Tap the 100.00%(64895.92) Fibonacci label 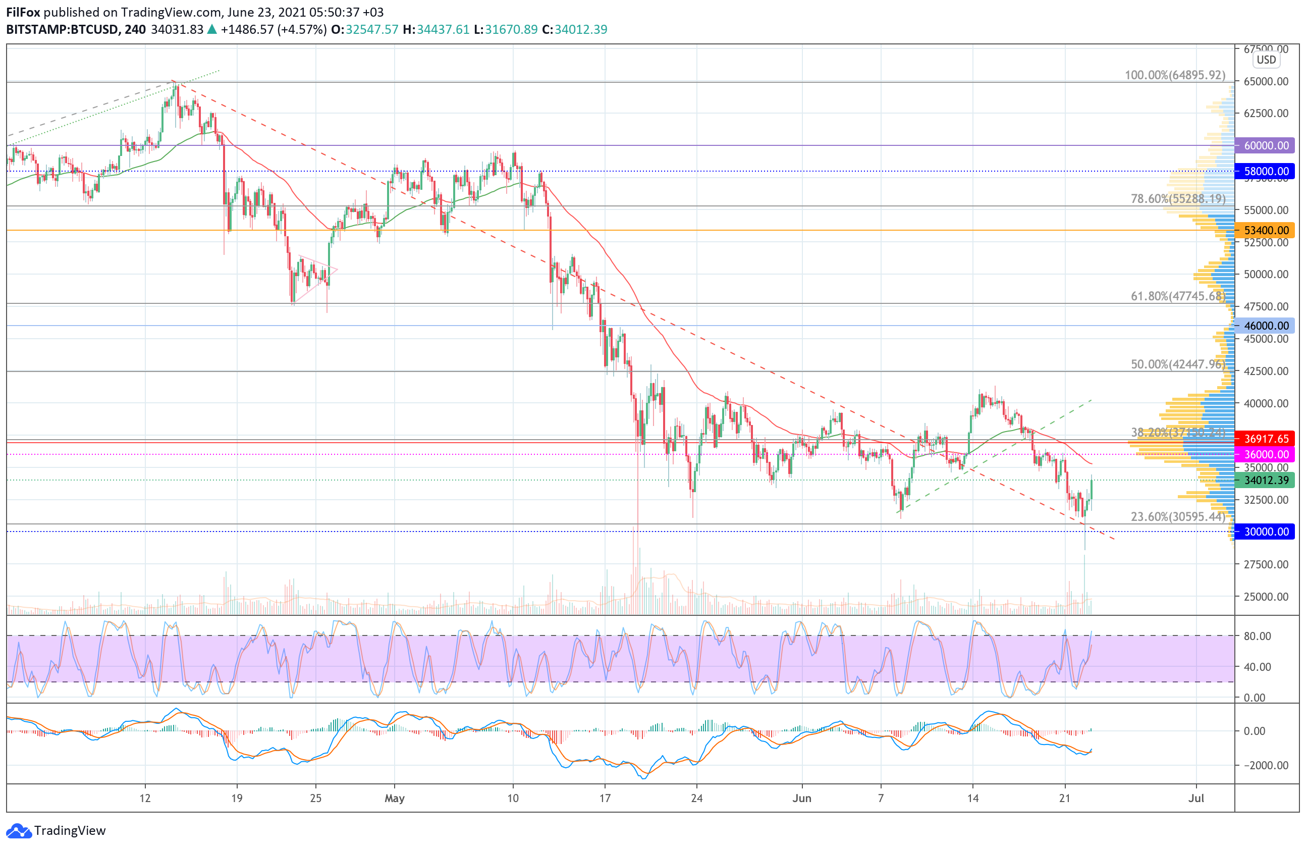click(1175, 75)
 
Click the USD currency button click(1267, 60)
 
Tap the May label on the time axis click(395, 799)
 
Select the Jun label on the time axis click(802, 799)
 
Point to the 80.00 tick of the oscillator click(1257, 636)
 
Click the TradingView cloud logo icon click(19, 831)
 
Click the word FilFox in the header click(23, 12)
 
